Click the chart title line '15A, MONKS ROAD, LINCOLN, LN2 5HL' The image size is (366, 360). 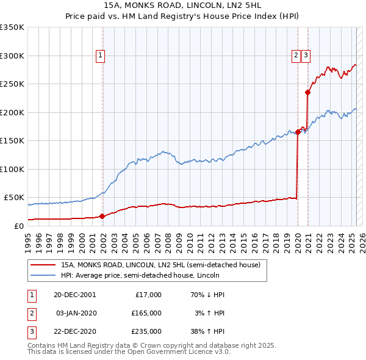click(x=182, y=7)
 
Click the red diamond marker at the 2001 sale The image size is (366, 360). click(x=102, y=216)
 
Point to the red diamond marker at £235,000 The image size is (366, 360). click(x=308, y=93)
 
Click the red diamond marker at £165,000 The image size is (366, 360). click(x=298, y=132)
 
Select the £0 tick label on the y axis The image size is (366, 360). click(x=18, y=226)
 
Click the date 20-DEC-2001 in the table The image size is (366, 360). click(x=74, y=295)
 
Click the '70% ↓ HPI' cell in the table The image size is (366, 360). click(x=207, y=295)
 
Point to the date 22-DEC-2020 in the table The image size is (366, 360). click(x=74, y=331)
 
